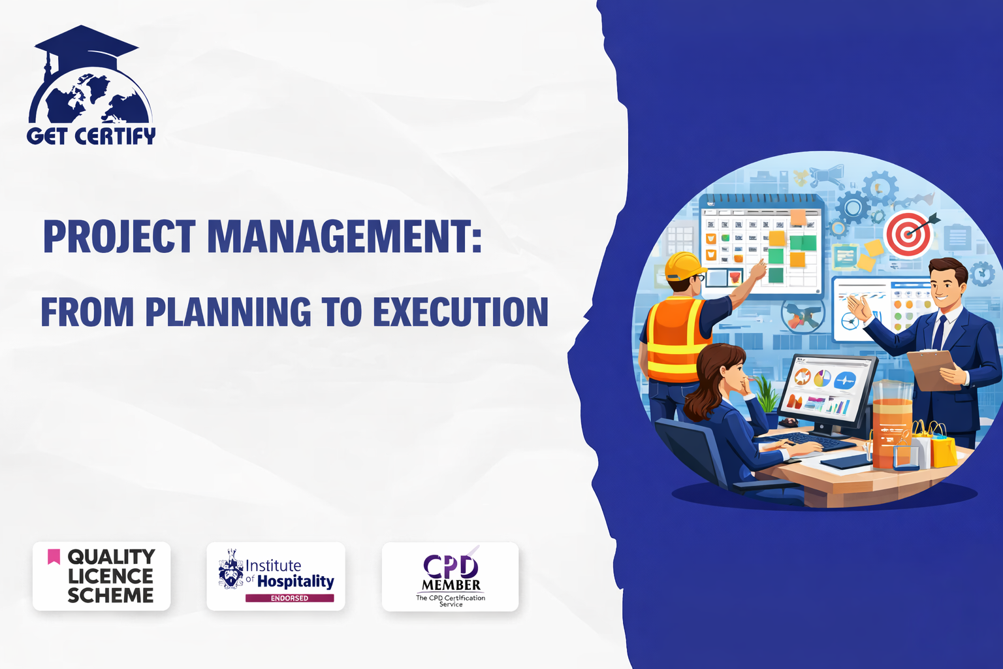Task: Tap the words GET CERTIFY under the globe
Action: click(x=91, y=135)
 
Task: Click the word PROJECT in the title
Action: click(x=119, y=237)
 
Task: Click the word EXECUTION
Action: click(x=461, y=311)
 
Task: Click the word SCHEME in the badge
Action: click(x=110, y=595)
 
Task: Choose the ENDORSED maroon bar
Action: click(x=289, y=598)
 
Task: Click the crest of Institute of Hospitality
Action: click(x=231, y=570)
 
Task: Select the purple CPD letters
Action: click(x=451, y=566)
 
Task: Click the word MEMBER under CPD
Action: click(x=451, y=585)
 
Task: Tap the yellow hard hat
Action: click(x=684, y=266)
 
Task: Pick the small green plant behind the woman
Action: click(x=767, y=394)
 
